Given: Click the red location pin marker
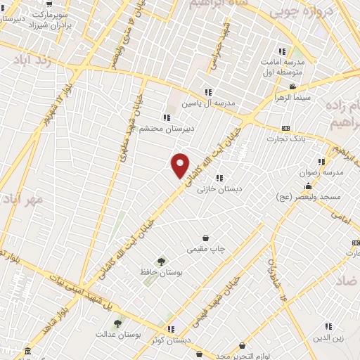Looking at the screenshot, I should pyautogui.click(x=181, y=165).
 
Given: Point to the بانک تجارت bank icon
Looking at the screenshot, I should pyautogui.click(x=285, y=128).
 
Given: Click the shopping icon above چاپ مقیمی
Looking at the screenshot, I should pyautogui.click(x=205, y=238).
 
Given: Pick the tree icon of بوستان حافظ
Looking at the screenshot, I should pyautogui.click(x=162, y=262).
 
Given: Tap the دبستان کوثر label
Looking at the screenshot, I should pyautogui.click(x=170, y=339).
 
